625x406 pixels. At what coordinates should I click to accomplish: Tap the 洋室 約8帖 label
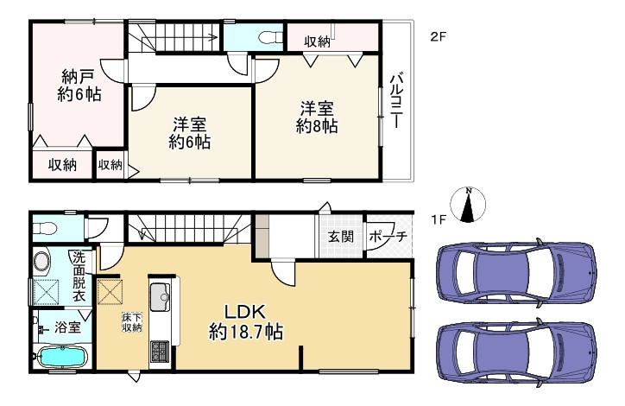point(317,117)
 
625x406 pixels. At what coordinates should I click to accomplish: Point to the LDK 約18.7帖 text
point(247,320)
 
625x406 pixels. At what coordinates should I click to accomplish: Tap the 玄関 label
point(340,237)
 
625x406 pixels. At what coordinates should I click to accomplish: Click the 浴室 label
point(67,327)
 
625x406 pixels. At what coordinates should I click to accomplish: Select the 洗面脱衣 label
point(79,275)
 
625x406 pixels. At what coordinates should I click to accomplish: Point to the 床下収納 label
point(131,322)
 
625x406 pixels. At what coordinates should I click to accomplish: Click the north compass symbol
point(469,206)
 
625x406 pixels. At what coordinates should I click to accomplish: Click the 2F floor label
point(439,36)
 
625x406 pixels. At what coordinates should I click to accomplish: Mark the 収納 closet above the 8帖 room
point(318,41)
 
